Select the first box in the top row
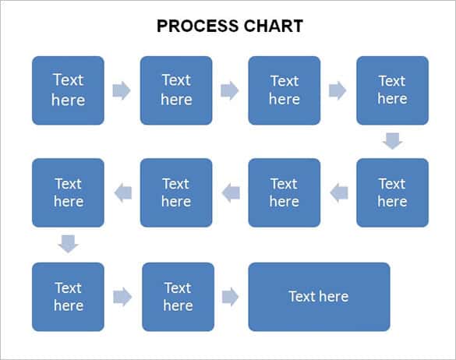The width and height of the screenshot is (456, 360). pyautogui.click(x=68, y=90)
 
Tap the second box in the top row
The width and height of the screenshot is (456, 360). pyautogui.click(x=176, y=90)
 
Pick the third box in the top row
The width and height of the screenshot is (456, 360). pyautogui.click(x=284, y=90)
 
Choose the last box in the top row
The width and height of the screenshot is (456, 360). pyautogui.click(x=392, y=90)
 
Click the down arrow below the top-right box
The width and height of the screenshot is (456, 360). pyautogui.click(x=392, y=141)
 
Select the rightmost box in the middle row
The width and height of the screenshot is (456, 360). pyautogui.click(x=392, y=192)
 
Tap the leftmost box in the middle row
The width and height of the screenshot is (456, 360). pyautogui.click(x=68, y=192)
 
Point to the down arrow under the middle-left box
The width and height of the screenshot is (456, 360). pyautogui.click(x=68, y=244)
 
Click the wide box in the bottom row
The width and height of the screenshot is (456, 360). pyautogui.click(x=319, y=296)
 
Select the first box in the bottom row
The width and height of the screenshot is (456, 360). pyautogui.click(x=68, y=296)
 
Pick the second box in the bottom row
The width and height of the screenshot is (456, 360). pyautogui.click(x=178, y=296)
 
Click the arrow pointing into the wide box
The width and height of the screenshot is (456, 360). pyautogui.click(x=231, y=296)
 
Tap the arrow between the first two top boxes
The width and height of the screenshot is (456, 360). pyautogui.click(x=122, y=90)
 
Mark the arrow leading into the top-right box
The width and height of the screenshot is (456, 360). pyautogui.click(x=338, y=90)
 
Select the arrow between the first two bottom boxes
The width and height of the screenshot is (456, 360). pyautogui.click(x=122, y=296)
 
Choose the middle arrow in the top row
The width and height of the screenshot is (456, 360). pyautogui.click(x=230, y=90)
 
